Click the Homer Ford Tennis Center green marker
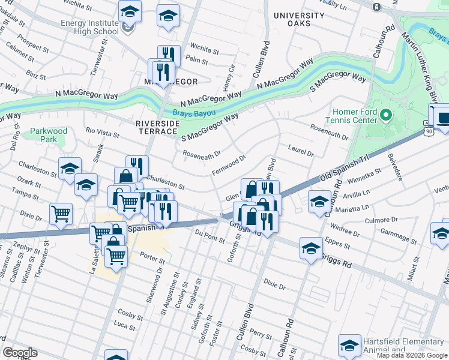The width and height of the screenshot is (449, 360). (x=386, y=113)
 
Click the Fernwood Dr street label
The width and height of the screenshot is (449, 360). (x=229, y=166)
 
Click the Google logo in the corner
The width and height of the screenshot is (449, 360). (x=20, y=352)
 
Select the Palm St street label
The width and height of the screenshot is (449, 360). (x=197, y=61)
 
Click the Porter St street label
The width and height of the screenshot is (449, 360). (x=152, y=260)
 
